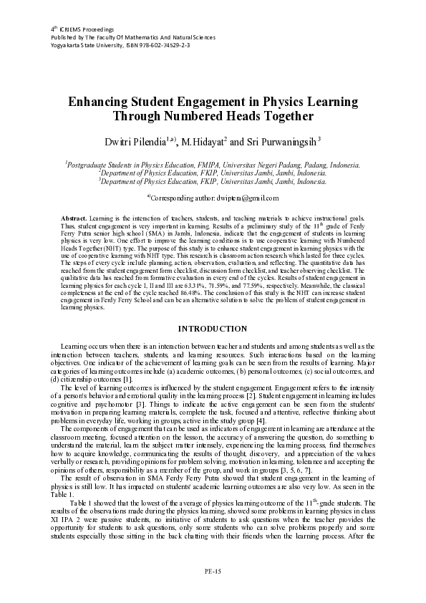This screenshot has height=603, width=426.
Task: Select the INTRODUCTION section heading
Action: (x=213, y=328)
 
